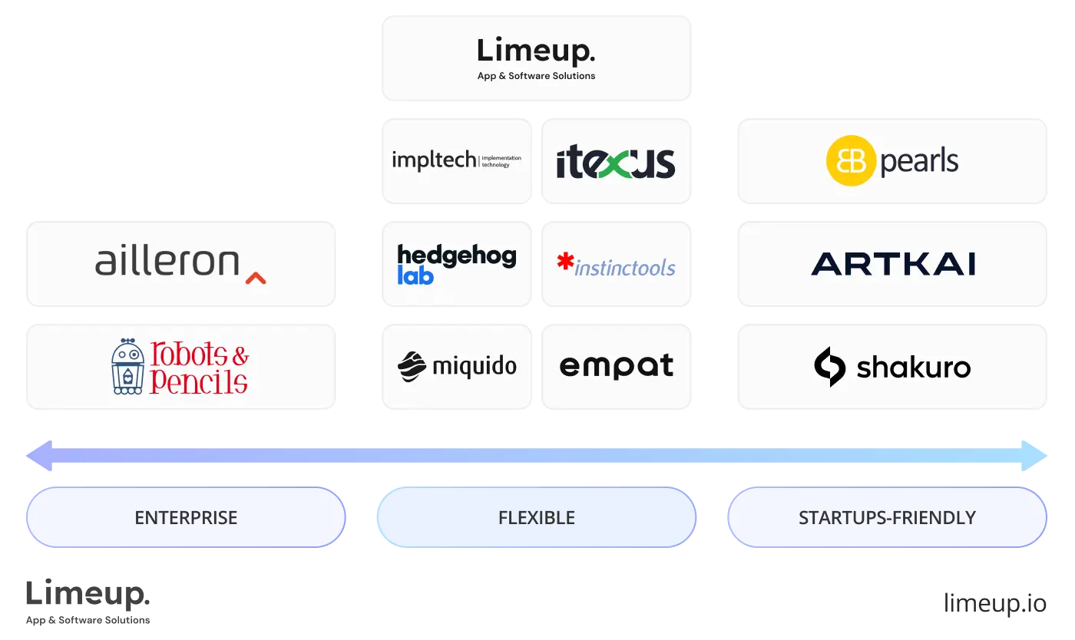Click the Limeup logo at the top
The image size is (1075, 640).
click(x=536, y=51)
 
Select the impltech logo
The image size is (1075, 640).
click(x=457, y=160)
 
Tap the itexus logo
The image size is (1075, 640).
click(x=616, y=162)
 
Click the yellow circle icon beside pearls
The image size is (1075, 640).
click(x=850, y=160)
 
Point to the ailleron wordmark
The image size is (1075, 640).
click(x=167, y=262)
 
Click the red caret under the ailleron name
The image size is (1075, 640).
click(x=256, y=278)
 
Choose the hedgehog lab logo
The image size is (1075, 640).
click(x=457, y=264)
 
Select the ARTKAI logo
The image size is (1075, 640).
click(x=893, y=264)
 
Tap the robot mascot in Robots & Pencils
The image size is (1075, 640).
click(x=127, y=367)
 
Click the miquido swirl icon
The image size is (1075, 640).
click(x=412, y=367)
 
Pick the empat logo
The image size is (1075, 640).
click(x=616, y=366)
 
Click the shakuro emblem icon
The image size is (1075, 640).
click(x=829, y=367)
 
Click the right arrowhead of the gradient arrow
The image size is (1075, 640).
click(x=1036, y=455)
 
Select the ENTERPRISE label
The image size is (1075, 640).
click(x=186, y=518)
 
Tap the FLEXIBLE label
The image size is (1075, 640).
click(x=536, y=518)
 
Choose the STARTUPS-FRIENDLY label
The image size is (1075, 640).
click(x=887, y=518)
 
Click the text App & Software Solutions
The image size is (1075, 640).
click(x=536, y=76)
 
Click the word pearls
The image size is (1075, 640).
click(x=919, y=162)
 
